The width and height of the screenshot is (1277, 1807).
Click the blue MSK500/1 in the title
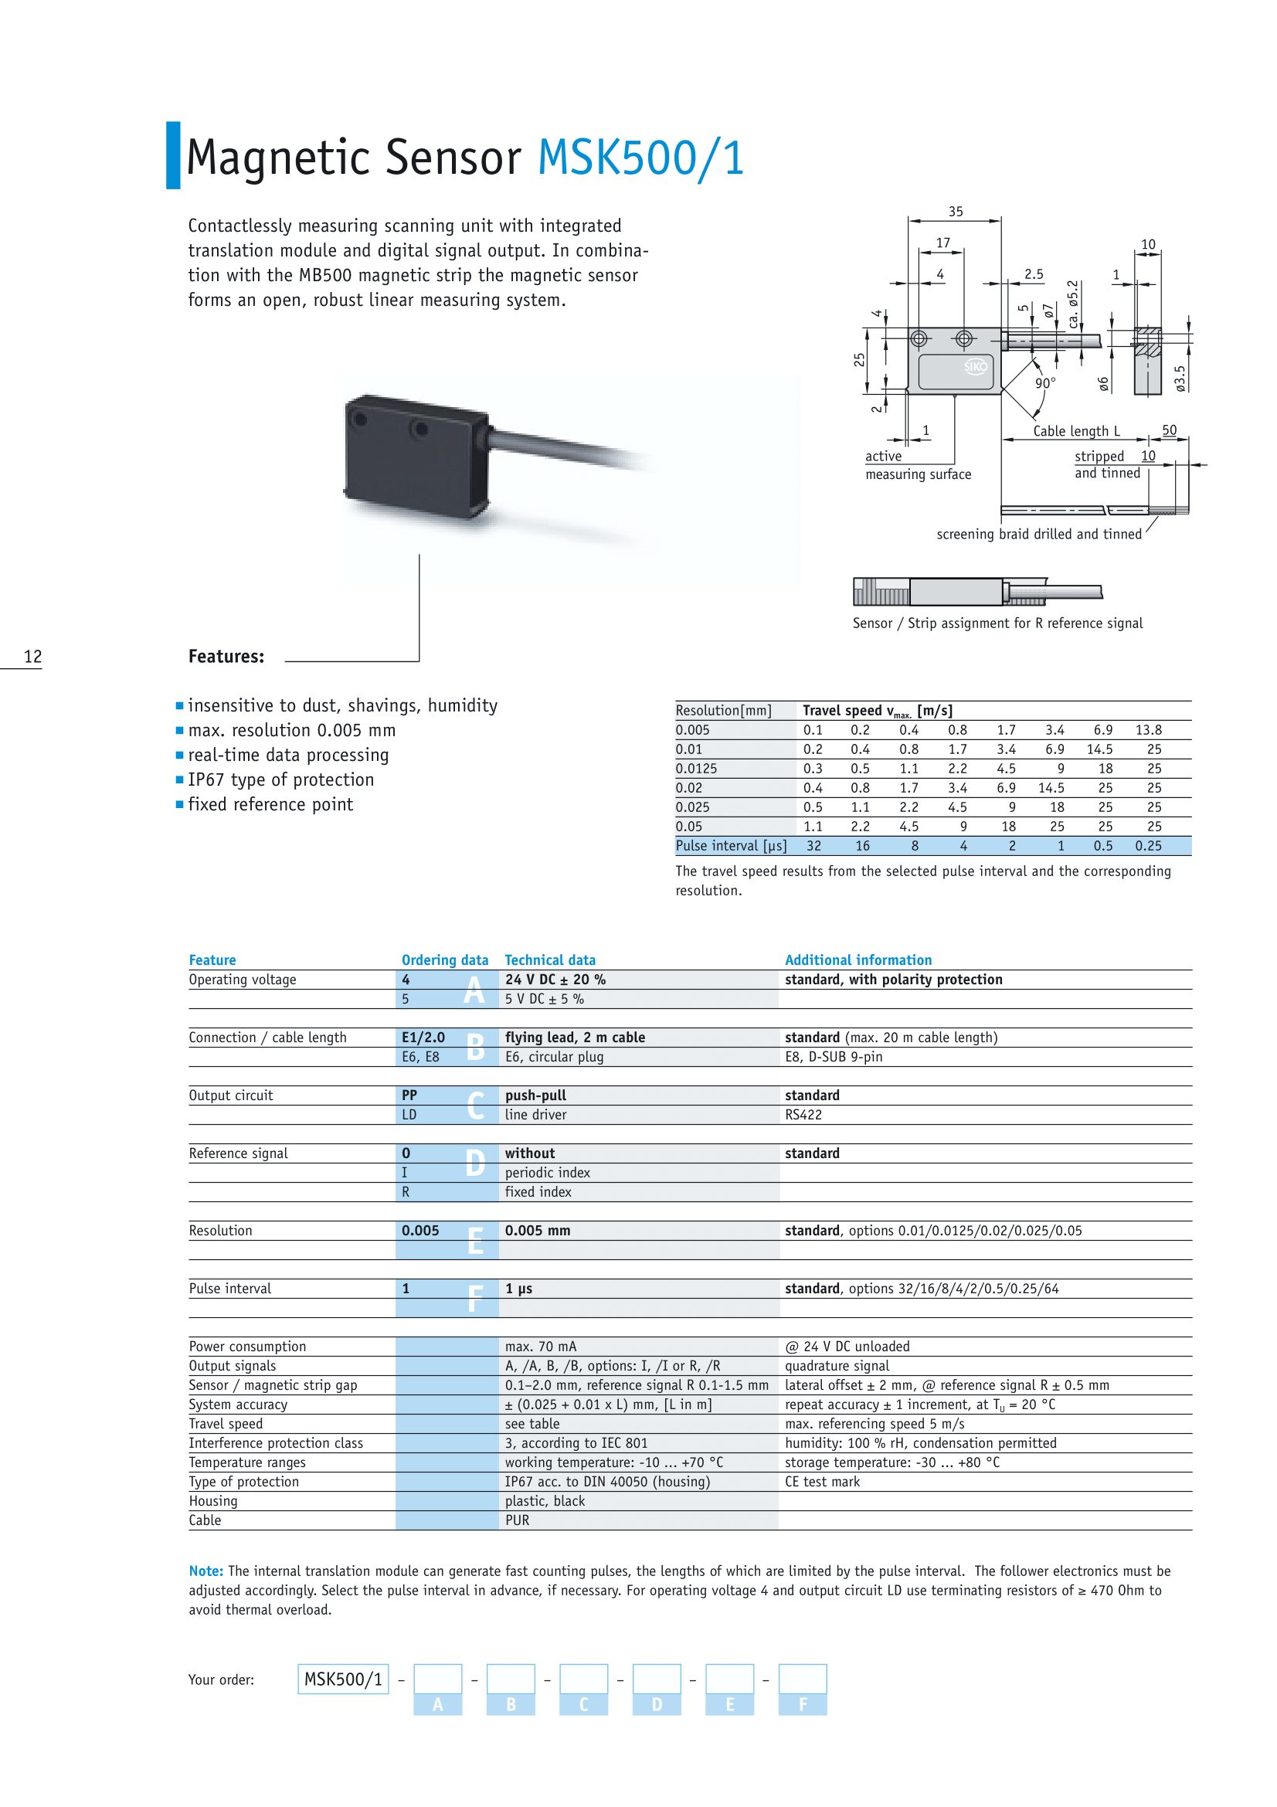pyautogui.click(x=640, y=158)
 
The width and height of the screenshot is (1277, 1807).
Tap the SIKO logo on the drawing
pyautogui.click(x=975, y=367)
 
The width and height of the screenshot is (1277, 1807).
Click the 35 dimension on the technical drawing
pyautogui.click(x=955, y=212)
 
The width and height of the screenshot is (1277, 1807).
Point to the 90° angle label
pyautogui.click(x=1045, y=383)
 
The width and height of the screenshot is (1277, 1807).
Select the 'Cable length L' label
pyautogui.click(x=1076, y=431)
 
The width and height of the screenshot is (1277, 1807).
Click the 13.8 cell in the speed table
pyautogui.click(x=1148, y=730)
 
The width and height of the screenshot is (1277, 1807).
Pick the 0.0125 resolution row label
pyautogui.click(x=696, y=769)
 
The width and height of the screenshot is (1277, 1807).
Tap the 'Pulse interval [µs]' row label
pyautogui.click(x=731, y=846)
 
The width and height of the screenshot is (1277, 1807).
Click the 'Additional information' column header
pyautogui.click(x=858, y=960)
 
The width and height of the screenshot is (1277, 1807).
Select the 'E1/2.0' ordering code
pyautogui.click(x=423, y=1038)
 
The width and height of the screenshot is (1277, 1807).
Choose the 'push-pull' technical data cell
pyautogui.click(x=535, y=1095)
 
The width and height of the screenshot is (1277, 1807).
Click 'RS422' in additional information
pyautogui.click(x=803, y=1115)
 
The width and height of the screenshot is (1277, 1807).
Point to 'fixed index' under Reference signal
pyautogui.click(x=538, y=1191)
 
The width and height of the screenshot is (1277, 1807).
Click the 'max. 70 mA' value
pyautogui.click(x=541, y=1347)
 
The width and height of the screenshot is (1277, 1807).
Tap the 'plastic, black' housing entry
pyautogui.click(x=545, y=1501)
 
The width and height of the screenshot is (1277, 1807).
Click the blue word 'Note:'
pyautogui.click(x=205, y=1571)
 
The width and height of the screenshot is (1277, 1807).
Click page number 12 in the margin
pyautogui.click(x=32, y=657)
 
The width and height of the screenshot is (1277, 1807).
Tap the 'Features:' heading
pyautogui.click(x=226, y=657)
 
